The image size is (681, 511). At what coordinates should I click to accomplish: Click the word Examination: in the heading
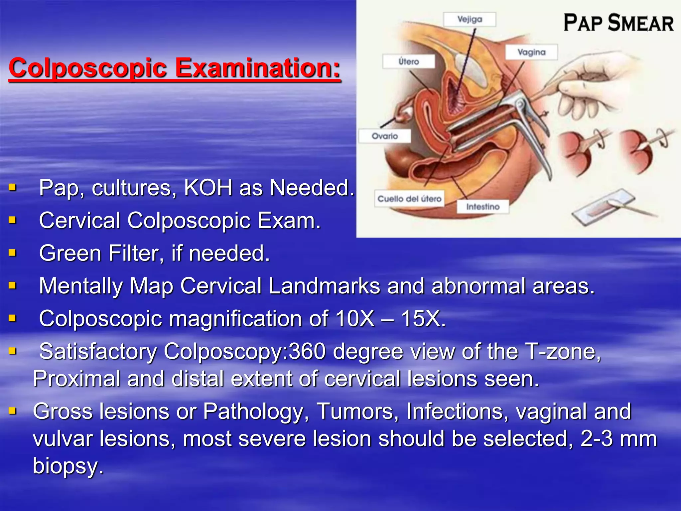[x=258, y=68]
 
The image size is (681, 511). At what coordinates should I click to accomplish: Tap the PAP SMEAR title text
[x=618, y=23]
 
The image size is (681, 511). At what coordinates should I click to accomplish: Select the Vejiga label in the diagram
[x=470, y=19]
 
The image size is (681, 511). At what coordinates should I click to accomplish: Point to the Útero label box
[x=409, y=62]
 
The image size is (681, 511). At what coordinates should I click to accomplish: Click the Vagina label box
[x=531, y=52]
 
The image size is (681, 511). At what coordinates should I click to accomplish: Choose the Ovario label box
[x=385, y=136]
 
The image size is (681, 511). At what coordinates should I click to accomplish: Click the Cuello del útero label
[x=409, y=199]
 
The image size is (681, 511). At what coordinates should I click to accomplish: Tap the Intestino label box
[x=483, y=207]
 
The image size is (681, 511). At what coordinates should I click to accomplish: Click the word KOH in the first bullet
[x=208, y=188]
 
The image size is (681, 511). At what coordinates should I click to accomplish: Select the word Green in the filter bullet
[x=70, y=254]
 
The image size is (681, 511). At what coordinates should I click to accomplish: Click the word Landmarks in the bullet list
[x=324, y=286]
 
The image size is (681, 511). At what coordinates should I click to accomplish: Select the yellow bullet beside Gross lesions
[x=13, y=411]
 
